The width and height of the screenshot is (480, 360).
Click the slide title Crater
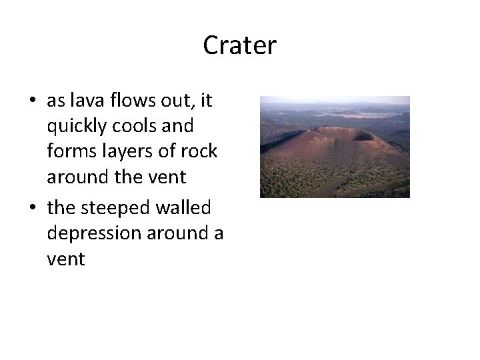[239, 45]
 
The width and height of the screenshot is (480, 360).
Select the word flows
[134, 101]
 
